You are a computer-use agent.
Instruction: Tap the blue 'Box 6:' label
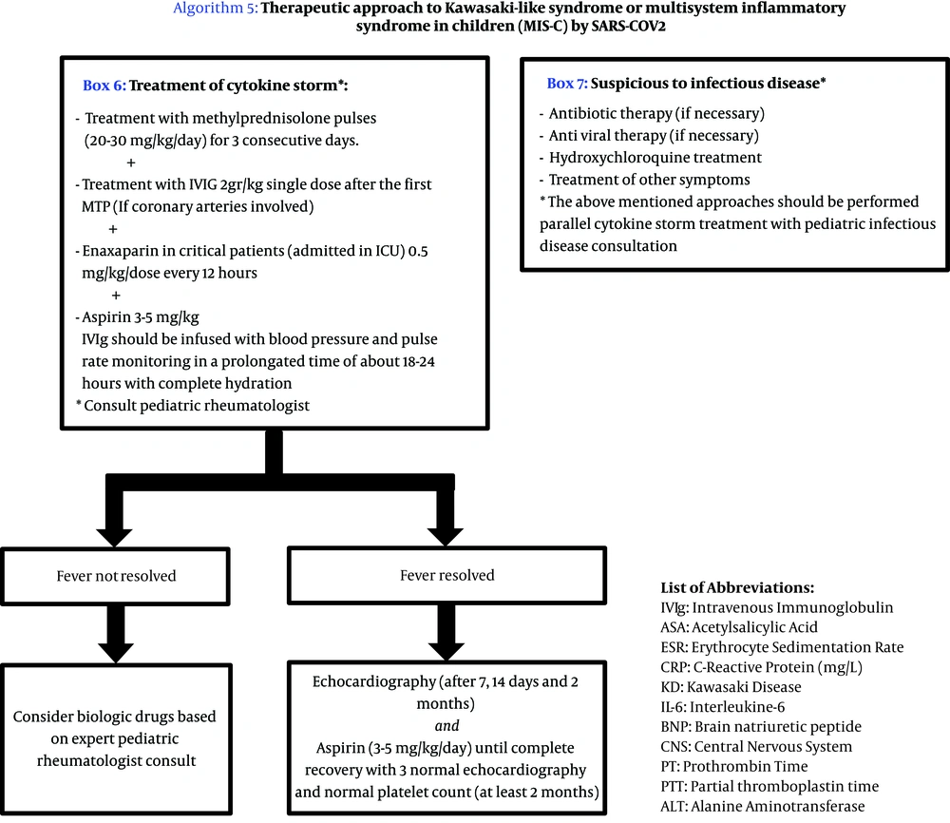point(104,85)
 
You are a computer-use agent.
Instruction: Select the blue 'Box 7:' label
point(567,84)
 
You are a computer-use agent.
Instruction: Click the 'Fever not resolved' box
point(116,575)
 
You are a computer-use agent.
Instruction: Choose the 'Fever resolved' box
point(446,575)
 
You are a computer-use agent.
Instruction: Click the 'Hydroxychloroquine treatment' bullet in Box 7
point(655,157)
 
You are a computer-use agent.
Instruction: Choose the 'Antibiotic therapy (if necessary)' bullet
point(656,113)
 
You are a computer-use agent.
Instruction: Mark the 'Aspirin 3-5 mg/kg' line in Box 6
point(142,317)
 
